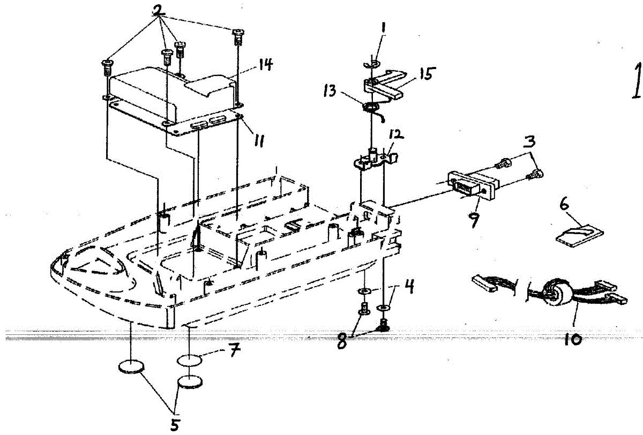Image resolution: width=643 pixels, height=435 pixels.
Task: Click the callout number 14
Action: coord(264,65)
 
